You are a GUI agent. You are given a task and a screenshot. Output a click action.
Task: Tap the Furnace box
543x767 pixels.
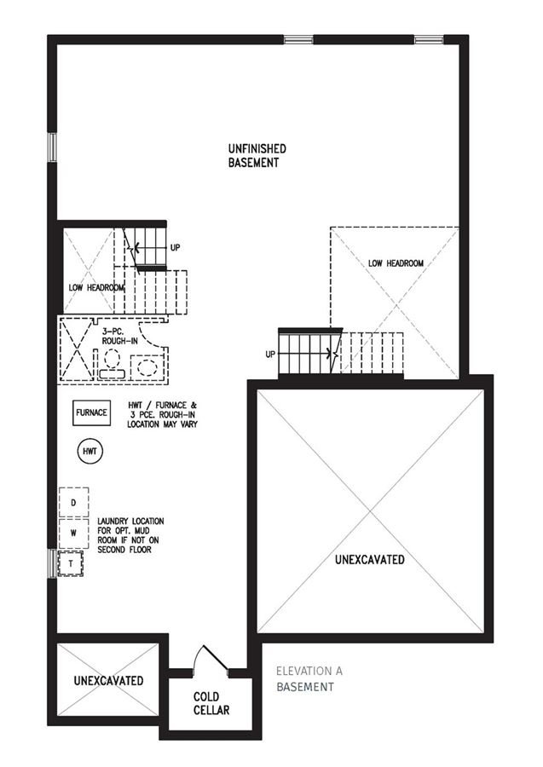click(x=91, y=412)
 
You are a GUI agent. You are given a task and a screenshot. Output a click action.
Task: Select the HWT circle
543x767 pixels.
click(x=90, y=452)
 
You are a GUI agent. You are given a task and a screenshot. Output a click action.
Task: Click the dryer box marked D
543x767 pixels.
click(x=74, y=502)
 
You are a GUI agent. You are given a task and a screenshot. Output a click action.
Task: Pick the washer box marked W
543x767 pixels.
click(x=74, y=533)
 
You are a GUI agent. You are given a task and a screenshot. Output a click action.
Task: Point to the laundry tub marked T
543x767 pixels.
click(x=71, y=563)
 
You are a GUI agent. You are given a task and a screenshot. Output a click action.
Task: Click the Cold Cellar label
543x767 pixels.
click(x=211, y=703)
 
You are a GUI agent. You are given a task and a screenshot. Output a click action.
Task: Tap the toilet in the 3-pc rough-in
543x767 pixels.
click(x=113, y=364)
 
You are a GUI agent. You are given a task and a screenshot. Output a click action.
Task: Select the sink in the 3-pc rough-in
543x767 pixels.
click(x=147, y=366)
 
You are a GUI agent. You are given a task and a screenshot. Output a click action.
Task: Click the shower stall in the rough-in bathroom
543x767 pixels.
click(x=77, y=349)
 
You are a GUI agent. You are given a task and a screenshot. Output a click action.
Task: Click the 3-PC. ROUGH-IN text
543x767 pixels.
click(x=120, y=336)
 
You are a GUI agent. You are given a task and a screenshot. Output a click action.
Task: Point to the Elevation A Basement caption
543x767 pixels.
click(x=309, y=679)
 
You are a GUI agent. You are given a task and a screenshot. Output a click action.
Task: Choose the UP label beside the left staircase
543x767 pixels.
click(x=175, y=247)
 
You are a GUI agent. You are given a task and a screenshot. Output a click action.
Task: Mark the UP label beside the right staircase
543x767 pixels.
click(x=270, y=355)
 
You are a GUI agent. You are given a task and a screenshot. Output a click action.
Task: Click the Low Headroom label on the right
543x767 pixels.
click(x=396, y=263)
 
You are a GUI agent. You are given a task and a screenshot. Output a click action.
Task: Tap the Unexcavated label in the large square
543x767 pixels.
click(x=370, y=559)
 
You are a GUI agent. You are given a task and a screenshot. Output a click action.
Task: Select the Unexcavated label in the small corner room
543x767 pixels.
click(x=108, y=680)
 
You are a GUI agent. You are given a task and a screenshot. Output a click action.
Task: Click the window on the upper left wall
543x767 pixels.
click(x=52, y=147)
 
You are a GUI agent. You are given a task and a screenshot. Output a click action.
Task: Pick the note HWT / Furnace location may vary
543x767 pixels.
click(x=163, y=415)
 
